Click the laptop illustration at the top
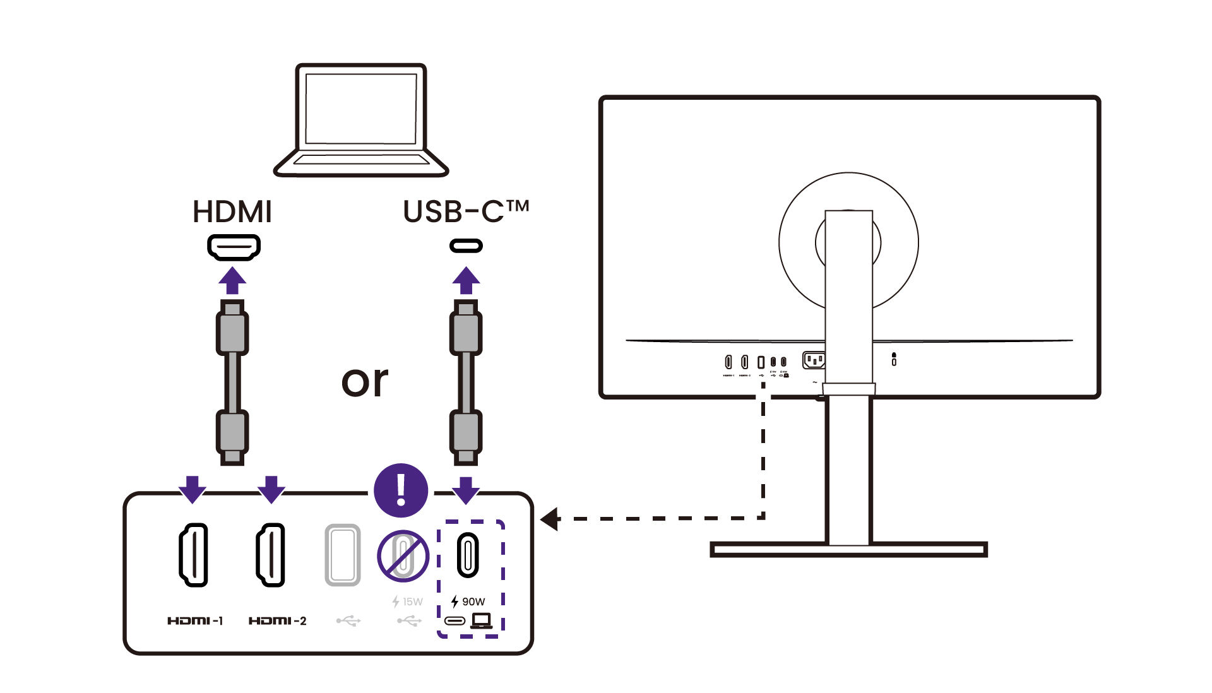[x=360, y=120]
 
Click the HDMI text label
[x=232, y=212]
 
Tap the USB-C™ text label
[x=465, y=211]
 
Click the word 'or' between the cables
[x=364, y=381]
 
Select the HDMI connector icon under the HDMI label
[x=234, y=246]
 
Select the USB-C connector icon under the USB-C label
[x=466, y=246]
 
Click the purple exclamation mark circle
[x=401, y=490]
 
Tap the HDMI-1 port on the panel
[x=193, y=555]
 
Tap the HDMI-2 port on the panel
[x=271, y=555]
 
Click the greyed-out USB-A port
[x=343, y=555]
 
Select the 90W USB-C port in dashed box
[x=468, y=555]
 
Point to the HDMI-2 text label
[x=277, y=621]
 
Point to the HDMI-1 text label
[x=195, y=621]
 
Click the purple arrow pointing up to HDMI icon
[x=232, y=280]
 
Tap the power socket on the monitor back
[x=814, y=360]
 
